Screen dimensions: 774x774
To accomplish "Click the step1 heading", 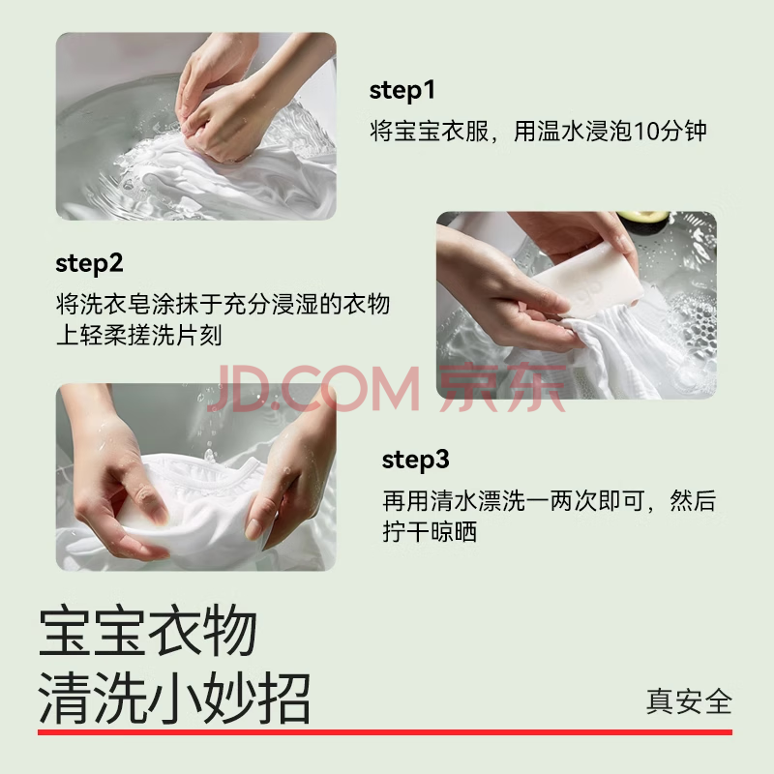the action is click(x=402, y=91).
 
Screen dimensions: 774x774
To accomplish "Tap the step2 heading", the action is click(x=89, y=264).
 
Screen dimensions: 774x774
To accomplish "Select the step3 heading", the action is click(x=415, y=461).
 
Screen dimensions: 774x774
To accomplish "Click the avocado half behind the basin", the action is click(x=642, y=218).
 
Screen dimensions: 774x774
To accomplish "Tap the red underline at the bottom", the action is click(x=385, y=732).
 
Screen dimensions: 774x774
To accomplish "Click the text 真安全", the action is click(x=689, y=701).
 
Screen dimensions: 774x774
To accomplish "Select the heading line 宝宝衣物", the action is click(x=148, y=632).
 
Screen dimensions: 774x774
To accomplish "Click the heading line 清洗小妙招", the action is click(x=174, y=698).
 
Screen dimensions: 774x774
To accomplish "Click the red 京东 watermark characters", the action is click(x=502, y=387).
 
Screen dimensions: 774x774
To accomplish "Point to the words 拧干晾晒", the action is click(x=430, y=532).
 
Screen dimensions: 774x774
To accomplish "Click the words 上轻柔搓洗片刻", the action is click(x=138, y=336).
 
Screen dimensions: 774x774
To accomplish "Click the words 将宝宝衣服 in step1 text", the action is click(x=429, y=132).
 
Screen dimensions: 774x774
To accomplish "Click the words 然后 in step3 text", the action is click(x=693, y=501).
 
